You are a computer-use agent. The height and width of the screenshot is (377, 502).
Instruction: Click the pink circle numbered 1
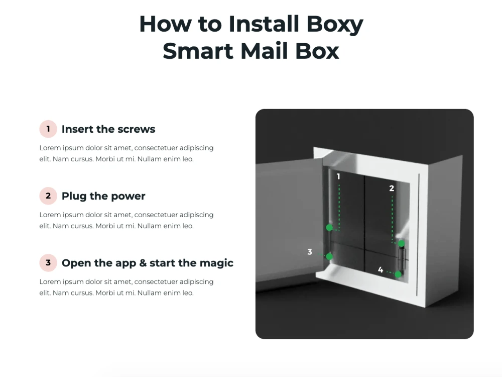click(x=48, y=129)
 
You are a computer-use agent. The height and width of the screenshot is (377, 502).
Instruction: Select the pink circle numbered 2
click(x=48, y=196)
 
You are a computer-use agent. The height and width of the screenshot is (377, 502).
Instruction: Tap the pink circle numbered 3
click(x=48, y=263)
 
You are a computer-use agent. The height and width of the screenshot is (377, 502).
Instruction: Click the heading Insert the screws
click(x=108, y=129)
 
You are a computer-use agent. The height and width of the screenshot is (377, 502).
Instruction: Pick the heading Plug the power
click(x=103, y=196)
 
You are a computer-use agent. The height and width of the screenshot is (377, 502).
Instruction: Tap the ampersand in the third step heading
click(x=143, y=263)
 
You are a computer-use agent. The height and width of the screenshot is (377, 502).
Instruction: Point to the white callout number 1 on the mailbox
click(x=338, y=176)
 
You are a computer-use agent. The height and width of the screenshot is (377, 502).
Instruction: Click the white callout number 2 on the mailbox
click(x=392, y=188)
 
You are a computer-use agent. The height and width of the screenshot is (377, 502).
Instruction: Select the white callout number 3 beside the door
click(x=310, y=252)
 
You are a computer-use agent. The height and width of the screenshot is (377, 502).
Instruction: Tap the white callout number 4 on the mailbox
click(x=381, y=269)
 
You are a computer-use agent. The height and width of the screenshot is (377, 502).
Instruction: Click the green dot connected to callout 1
click(x=329, y=228)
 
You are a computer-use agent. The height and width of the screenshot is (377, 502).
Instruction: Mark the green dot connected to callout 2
click(x=401, y=244)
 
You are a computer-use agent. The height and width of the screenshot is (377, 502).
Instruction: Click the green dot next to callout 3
click(x=329, y=256)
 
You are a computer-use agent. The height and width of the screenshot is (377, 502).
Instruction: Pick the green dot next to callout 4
click(x=398, y=274)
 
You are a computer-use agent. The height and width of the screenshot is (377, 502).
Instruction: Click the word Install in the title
click(x=264, y=24)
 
